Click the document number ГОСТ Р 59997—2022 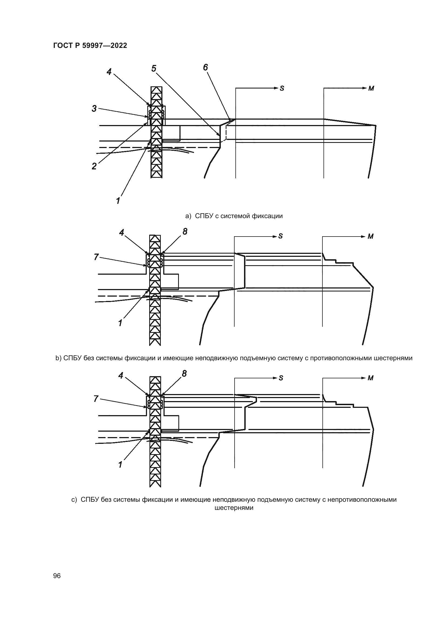[x=90, y=45]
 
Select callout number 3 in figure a [x=94, y=109]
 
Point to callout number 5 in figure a [x=154, y=68]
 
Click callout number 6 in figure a [x=205, y=67]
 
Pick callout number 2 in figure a [x=94, y=166]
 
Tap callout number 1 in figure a [x=118, y=201]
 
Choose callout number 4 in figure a [x=109, y=72]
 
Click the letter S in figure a [x=282, y=88]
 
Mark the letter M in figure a [x=371, y=88]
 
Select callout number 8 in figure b [x=185, y=232]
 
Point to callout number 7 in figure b [x=96, y=257]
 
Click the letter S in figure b [x=281, y=236]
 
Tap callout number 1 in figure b [x=120, y=323]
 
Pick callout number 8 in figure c [x=184, y=373]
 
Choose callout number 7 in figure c [x=96, y=399]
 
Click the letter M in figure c [x=371, y=378]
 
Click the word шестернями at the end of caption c [x=234, y=507]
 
